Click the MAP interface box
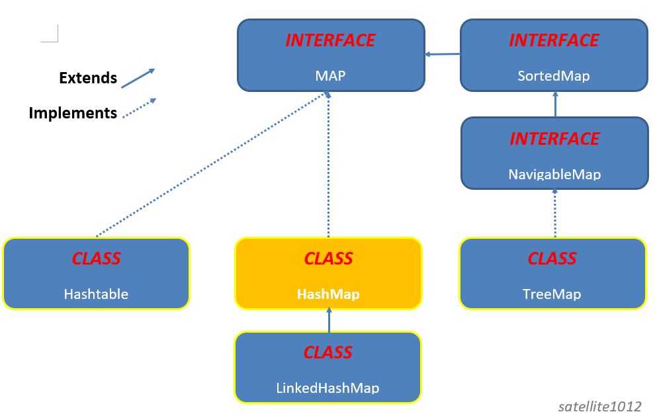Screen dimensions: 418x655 tap(330, 55)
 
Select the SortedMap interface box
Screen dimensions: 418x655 tap(553, 55)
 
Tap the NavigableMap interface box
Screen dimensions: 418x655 tap(554, 153)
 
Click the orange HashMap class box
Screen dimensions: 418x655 tap(328, 274)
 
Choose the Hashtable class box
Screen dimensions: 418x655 tap(96, 274)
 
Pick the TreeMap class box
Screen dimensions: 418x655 tap(552, 274)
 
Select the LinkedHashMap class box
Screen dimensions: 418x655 tap(327, 368)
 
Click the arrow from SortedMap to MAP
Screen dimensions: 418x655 tap(443, 54)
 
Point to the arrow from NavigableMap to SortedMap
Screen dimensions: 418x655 tap(555, 104)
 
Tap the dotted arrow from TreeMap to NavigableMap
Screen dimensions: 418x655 tap(555, 213)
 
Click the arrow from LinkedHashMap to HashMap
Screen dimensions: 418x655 tap(329, 320)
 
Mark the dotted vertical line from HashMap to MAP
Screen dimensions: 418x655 tap(328, 165)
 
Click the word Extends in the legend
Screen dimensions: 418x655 tap(88, 78)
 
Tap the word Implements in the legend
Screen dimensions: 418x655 tap(73, 113)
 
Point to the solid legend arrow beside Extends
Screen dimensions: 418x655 tap(138, 78)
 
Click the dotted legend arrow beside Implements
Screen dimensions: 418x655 tap(139, 108)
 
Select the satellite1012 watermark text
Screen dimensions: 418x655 tap(599, 405)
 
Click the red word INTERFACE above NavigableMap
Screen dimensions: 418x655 tap(554, 139)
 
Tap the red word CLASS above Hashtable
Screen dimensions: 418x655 tap(96, 258)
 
